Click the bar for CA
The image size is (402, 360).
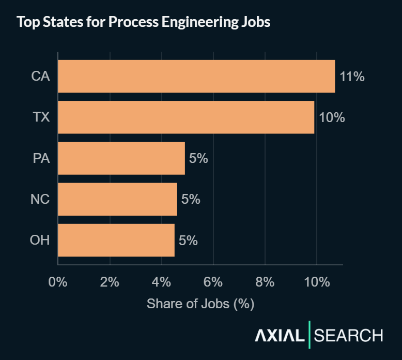click(x=196, y=77)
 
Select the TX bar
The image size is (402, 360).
click(x=186, y=117)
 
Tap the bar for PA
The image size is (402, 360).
click(x=121, y=158)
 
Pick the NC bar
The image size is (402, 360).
click(x=117, y=199)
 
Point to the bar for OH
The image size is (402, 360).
click(x=116, y=240)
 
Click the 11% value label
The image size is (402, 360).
click(x=352, y=77)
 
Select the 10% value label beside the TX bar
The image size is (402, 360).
click(x=331, y=118)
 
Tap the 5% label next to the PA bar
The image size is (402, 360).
click(x=198, y=159)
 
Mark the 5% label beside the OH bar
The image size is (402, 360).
click(x=188, y=241)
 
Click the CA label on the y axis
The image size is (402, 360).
click(x=40, y=77)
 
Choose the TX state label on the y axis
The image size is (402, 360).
click(x=41, y=117)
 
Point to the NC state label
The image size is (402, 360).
click(x=40, y=199)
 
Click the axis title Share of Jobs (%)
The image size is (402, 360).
click(x=200, y=304)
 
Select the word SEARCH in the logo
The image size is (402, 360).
click(x=349, y=336)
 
